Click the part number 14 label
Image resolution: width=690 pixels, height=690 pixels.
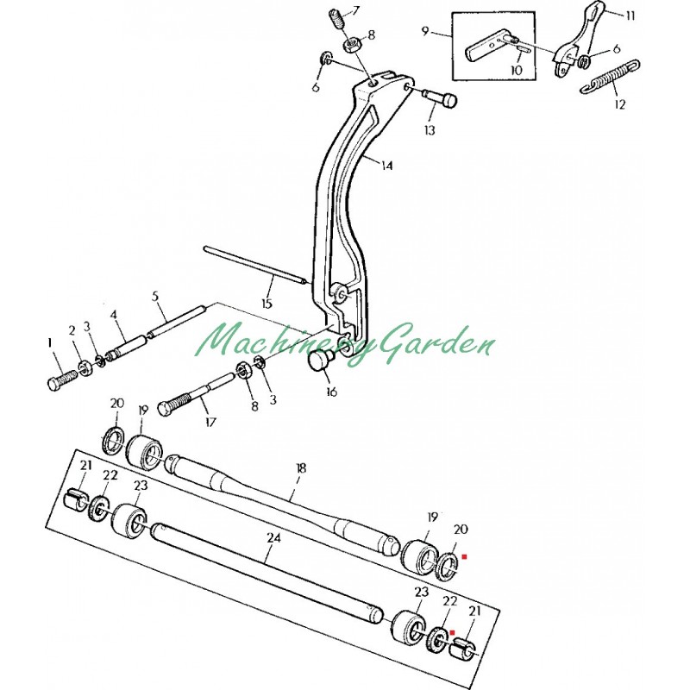coord(386,166)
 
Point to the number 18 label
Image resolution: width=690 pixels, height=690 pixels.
coord(301,467)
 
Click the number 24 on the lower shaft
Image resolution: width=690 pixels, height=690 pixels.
coord(274,538)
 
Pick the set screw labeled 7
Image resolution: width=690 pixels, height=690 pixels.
coord(336,21)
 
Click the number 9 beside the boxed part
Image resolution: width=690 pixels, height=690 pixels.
coord(425,31)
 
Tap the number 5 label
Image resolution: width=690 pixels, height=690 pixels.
coord(155,296)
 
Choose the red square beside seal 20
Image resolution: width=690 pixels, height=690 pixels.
coord(464,556)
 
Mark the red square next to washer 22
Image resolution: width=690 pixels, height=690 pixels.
coord(451,632)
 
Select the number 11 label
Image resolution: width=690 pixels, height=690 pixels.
coord(630,16)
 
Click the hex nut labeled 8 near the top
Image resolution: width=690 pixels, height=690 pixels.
coord(352,45)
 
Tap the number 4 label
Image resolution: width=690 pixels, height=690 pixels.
coord(114,315)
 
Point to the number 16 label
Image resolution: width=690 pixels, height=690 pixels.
coord(331,392)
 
